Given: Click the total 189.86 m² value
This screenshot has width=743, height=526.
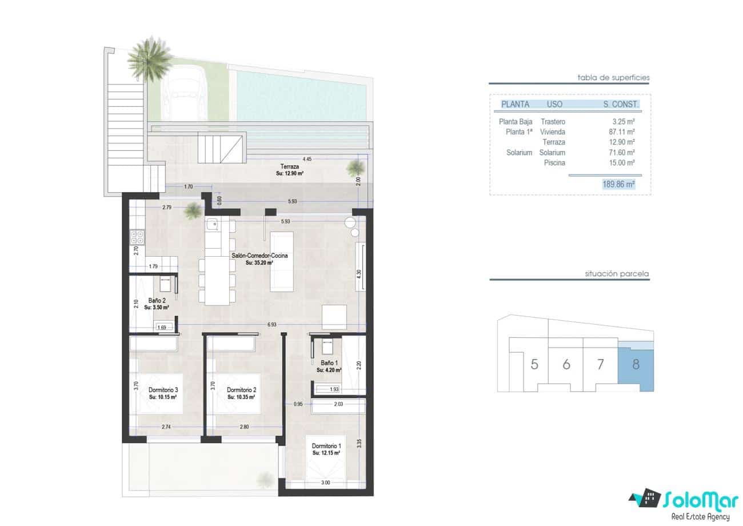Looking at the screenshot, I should [618, 184].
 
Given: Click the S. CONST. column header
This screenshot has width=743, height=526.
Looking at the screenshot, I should [621, 105].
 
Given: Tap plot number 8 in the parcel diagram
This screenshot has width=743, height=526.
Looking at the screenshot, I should [636, 364].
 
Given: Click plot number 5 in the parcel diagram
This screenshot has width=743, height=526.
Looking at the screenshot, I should [534, 364].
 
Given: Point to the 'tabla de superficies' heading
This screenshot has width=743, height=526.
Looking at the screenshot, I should [613, 78].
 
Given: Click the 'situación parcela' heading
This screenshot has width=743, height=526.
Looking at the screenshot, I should [616, 274].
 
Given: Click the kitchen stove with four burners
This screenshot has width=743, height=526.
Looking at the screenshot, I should [137, 237].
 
